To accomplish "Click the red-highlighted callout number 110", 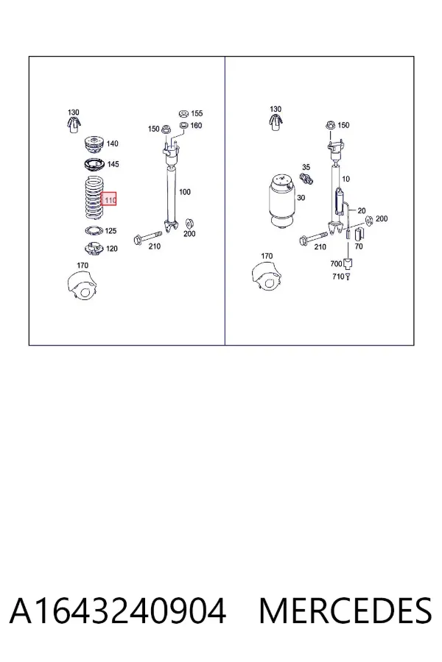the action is (x=110, y=199).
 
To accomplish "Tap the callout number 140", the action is (x=112, y=143).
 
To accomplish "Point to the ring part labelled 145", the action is (x=94, y=164).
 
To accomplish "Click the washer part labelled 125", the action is (x=94, y=230).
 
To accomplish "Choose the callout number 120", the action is (x=112, y=249).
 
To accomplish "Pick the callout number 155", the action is (x=197, y=113).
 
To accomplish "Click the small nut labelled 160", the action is (x=183, y=125).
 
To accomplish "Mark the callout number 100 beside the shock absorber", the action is (x=185, y=192).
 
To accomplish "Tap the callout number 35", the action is (x=306, y=167).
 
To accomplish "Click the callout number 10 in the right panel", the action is (x=345, y=179).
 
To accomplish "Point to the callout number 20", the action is (x=361, y=210).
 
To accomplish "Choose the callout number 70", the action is (x=359, y=246).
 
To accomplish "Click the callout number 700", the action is (x=336, y=264).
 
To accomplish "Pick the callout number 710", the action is (x=338, y=277).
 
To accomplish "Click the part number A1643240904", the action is (x=118, y=611).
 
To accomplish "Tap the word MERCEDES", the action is (x=345, y=611).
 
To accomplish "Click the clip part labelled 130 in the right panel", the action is (x=276, y=122).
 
